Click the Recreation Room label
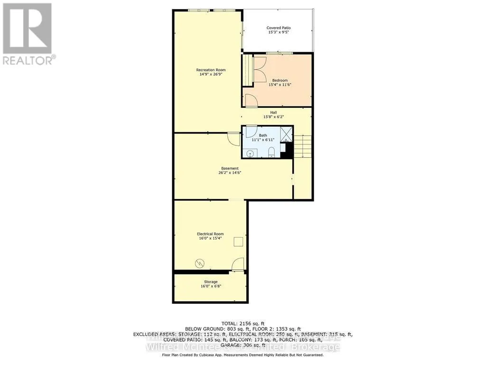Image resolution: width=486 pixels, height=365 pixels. pos(211,70)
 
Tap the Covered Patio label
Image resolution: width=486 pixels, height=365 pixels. pos(278,28)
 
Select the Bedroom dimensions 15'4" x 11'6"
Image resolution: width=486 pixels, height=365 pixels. pos(280,85)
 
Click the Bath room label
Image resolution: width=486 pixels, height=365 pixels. pos(262,135)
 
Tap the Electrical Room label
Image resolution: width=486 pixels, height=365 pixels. pos(210,234)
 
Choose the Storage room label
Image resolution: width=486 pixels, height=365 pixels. pos(210,282)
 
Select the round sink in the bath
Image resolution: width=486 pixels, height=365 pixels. pos(250,153)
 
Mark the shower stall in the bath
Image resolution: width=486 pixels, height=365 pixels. pos(286,134)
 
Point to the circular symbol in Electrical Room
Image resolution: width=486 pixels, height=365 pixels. pos(200,262)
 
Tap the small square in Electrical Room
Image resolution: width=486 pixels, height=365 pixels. pos(238,241)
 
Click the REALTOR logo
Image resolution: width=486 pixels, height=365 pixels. pos(28,33)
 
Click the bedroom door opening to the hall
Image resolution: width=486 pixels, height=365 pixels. pos(250,101)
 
